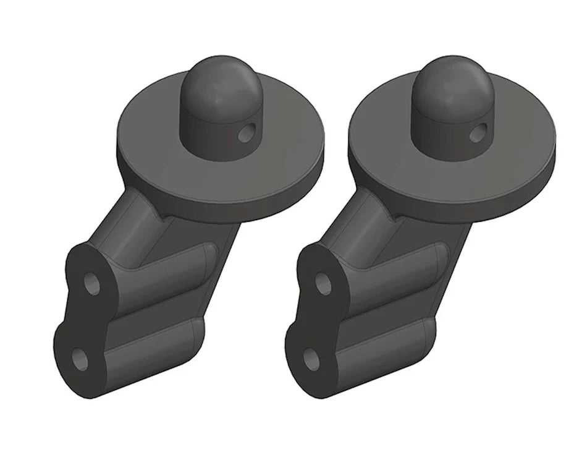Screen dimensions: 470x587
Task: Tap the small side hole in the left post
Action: click(248, 132)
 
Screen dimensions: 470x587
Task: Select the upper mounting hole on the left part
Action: click(92, 285)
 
